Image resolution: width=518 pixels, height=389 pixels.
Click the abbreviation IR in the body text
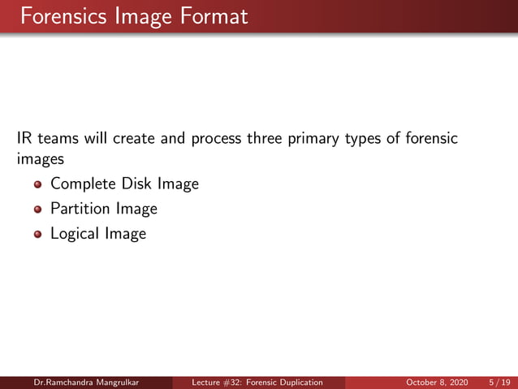point(24,139)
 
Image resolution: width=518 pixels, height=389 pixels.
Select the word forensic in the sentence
point(430,139)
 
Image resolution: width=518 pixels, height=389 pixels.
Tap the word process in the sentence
point(216,140)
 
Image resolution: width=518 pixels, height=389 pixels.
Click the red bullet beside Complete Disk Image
point(37,185)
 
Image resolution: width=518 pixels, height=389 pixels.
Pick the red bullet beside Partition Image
point(37,210)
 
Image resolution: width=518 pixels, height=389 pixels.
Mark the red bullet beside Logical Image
point(37,235)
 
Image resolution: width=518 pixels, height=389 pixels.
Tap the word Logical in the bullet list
point(75,234)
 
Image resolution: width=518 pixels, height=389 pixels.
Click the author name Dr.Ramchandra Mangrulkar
point(85,383)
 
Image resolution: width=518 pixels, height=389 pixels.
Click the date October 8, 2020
point(436,383)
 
